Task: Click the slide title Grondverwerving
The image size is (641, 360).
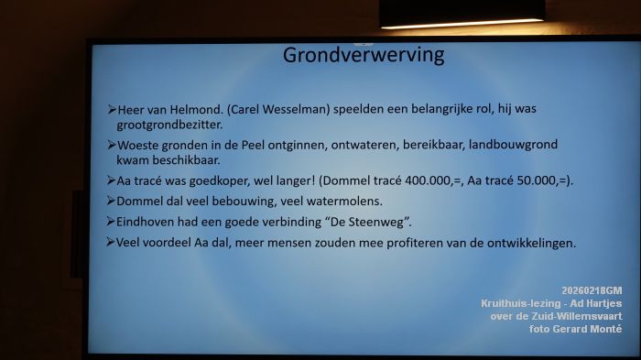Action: (x=363, y=55)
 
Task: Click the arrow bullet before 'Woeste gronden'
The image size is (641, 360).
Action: (x=111, y=146)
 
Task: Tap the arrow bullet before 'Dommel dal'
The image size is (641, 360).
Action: (x=111, y=201)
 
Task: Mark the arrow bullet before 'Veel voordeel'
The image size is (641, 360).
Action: (x=111, y=243)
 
